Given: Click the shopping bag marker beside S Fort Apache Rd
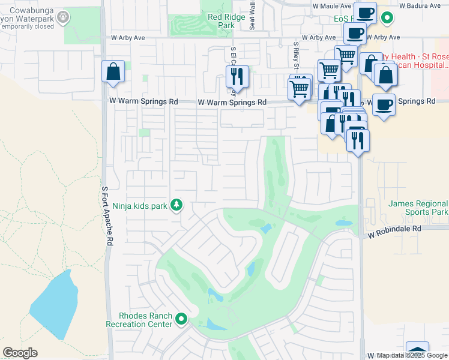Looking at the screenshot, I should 113,72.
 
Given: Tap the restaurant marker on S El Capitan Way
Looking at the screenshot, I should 237,76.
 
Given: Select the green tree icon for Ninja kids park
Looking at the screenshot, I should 176,206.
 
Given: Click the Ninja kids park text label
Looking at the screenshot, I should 139,206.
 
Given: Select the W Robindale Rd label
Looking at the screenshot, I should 396,229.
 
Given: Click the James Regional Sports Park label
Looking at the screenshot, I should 418,208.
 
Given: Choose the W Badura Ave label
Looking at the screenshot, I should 418,5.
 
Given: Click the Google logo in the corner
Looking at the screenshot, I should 20,353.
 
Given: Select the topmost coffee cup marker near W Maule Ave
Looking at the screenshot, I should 365,11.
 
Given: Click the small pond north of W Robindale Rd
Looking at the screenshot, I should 344,223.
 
